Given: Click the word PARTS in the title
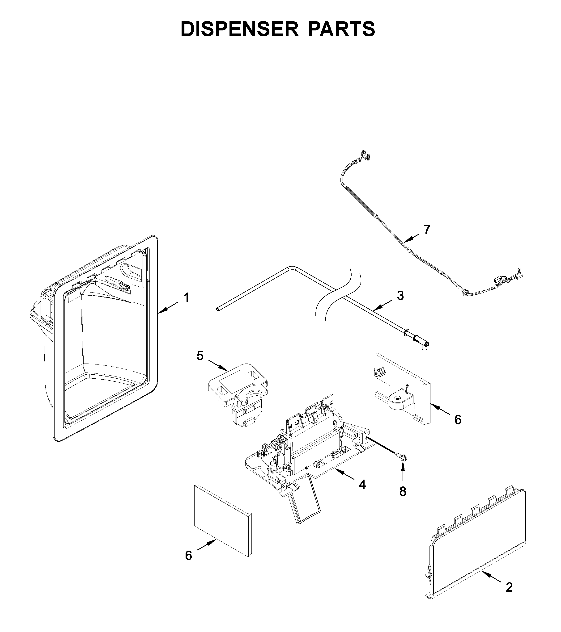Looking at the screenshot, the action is [341, 29].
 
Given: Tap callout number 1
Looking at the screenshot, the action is [186, 298].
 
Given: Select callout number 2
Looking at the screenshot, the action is [509, 587].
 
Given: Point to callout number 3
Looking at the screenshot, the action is [400, 296].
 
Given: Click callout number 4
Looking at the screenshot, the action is [362, 485].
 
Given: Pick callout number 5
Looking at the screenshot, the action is [200, 356].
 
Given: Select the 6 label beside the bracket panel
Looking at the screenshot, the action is [458, 420].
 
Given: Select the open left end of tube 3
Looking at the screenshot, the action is [218, 309].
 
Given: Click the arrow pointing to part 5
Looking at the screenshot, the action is [218, 365].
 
